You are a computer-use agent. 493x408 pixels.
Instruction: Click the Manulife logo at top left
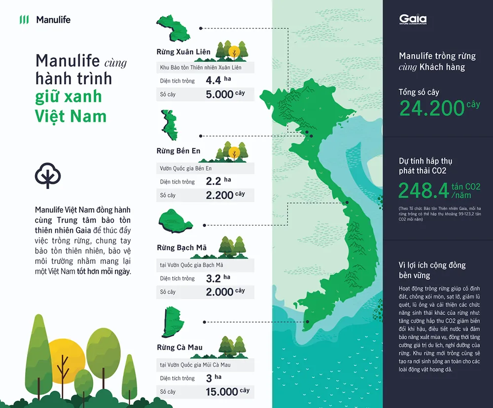tap(45, 20)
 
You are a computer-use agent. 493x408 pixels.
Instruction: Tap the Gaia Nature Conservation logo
tap(413, 20)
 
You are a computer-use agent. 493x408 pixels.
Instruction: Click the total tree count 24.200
tap(432, 108)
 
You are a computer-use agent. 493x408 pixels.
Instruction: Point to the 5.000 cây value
tap(220, 94)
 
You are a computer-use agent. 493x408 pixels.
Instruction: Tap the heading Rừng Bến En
tap(178, 151)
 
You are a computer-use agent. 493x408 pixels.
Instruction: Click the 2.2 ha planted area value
tap(214, 182)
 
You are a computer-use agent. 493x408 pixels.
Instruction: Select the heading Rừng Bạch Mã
tap(181, 248)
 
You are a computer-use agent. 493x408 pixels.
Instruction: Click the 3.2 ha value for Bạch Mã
tap(214, 278)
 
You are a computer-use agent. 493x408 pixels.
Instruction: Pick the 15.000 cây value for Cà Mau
tap(222, 392)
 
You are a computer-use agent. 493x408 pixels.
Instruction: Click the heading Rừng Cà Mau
tap(179, 347)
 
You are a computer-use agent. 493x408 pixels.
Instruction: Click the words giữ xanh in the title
tap(68, 96)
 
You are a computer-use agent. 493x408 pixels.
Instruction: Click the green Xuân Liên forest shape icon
tap(173, 29)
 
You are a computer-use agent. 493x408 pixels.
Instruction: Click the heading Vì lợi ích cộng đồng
tap(432, 265)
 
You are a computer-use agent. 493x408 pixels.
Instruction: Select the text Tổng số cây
tap(419, 92)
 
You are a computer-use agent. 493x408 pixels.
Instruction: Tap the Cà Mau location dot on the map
tap(307, 321)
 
